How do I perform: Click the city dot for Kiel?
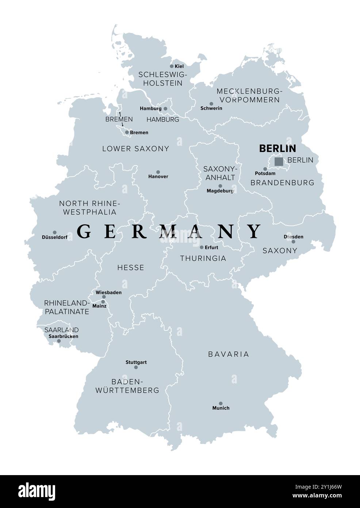(x=172, y=66)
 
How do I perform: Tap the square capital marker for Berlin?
(x=279, y=161)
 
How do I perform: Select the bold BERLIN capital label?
(x=277, y=148)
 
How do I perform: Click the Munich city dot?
(x=221, y=403)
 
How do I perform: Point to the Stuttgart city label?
(x=136, y=362)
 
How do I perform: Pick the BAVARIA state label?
(x=229, y=354)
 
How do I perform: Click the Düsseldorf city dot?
(x=55, y=232)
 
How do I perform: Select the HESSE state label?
(x=131, y=268)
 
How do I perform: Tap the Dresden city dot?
(x=293, y=242)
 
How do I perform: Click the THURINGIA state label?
(x=203, y=258)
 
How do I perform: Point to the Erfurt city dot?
(x=202, y=247)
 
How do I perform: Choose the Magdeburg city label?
(x=220, y=191)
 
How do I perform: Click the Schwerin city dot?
(x=211, y=103)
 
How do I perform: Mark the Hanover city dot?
(x=158, y=172)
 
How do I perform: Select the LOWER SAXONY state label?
(x=135, y=148)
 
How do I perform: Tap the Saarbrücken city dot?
(x=59, y=341)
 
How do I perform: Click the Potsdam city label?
(x=265, y=173)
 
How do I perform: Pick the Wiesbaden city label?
(x=108, y=292)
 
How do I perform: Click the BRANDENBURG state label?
(x=282, y=182)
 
